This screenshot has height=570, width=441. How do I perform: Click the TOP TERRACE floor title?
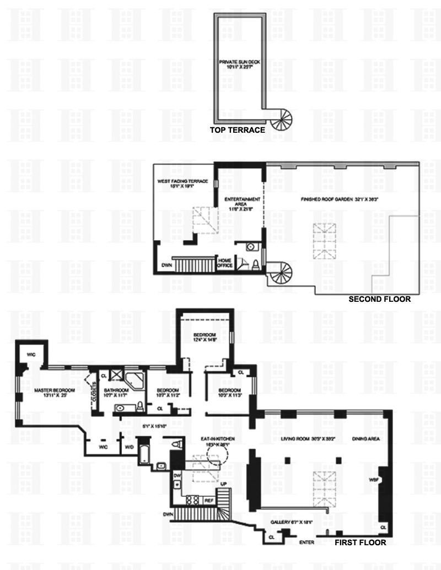[x=238, y=131]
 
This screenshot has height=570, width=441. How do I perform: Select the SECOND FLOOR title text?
[x=380, y=300]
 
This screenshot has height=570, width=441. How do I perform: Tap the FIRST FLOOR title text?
[x=361, y=542]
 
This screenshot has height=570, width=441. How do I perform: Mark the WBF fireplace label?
[x=373, y=480]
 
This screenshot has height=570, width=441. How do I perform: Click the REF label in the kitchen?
[x=209, y=501]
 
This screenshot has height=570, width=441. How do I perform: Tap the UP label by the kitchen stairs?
[x=223, y=484]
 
